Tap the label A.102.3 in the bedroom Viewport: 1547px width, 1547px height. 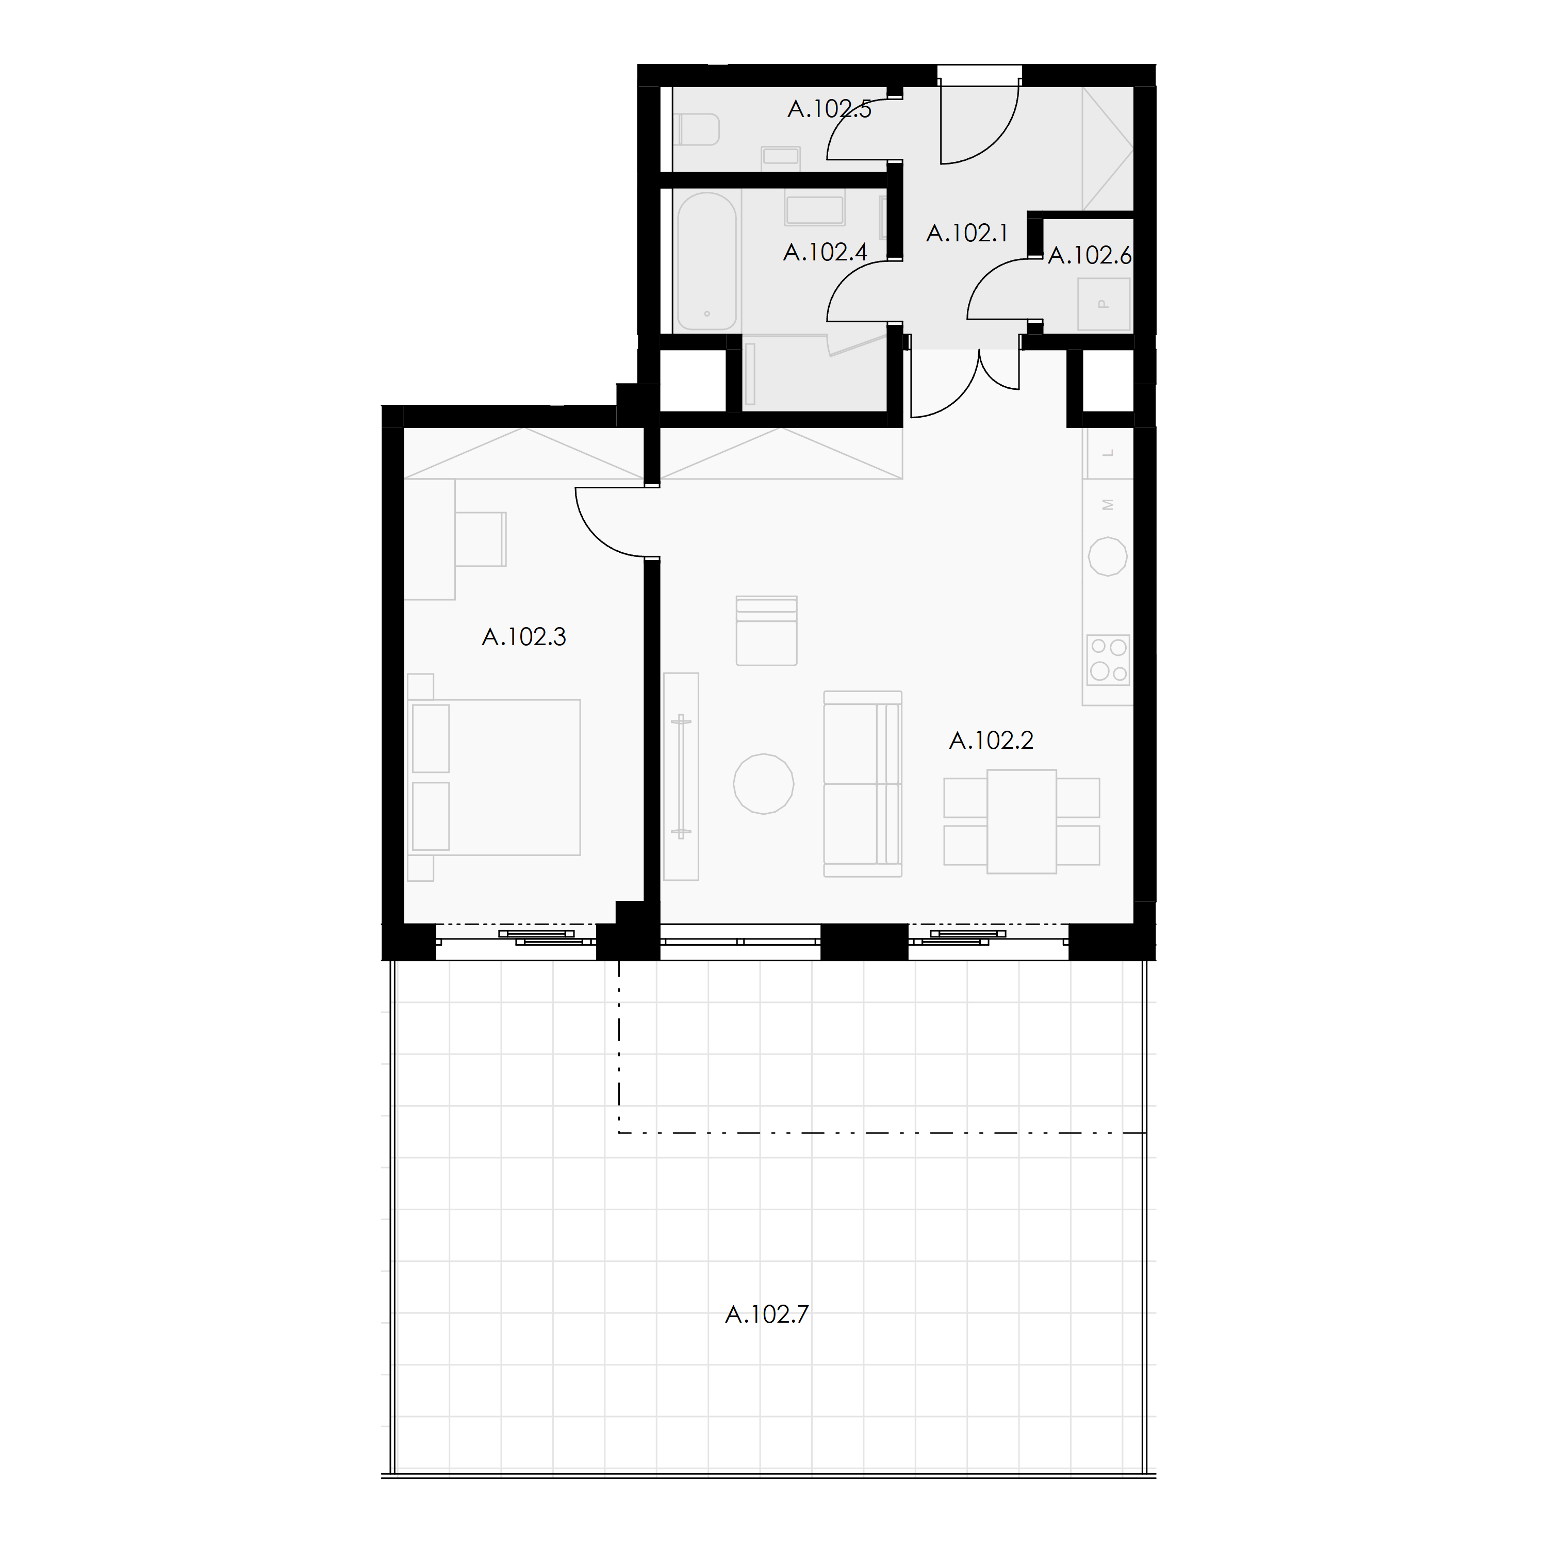[524, 636]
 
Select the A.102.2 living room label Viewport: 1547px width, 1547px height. [991, 740]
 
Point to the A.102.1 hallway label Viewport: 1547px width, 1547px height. [967, 233]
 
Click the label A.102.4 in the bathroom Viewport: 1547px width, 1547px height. [826, 252]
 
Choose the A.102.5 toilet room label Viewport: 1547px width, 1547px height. [830, 109]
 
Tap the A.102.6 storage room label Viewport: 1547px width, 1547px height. [1090, 255]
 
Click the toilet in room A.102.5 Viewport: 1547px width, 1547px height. [697, 129]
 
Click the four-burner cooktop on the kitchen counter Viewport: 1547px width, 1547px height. [1108, 660]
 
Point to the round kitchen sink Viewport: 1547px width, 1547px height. [1108, 556]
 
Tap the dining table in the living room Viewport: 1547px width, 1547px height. [1022, 821]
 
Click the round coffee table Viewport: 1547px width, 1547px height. [764, 784]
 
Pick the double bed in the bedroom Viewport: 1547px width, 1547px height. [494, 778]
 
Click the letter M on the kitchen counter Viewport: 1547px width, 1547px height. [1108, 504]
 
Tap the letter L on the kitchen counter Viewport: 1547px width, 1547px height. [1108, 453]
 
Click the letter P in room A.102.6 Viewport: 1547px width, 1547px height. [1104, 304]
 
